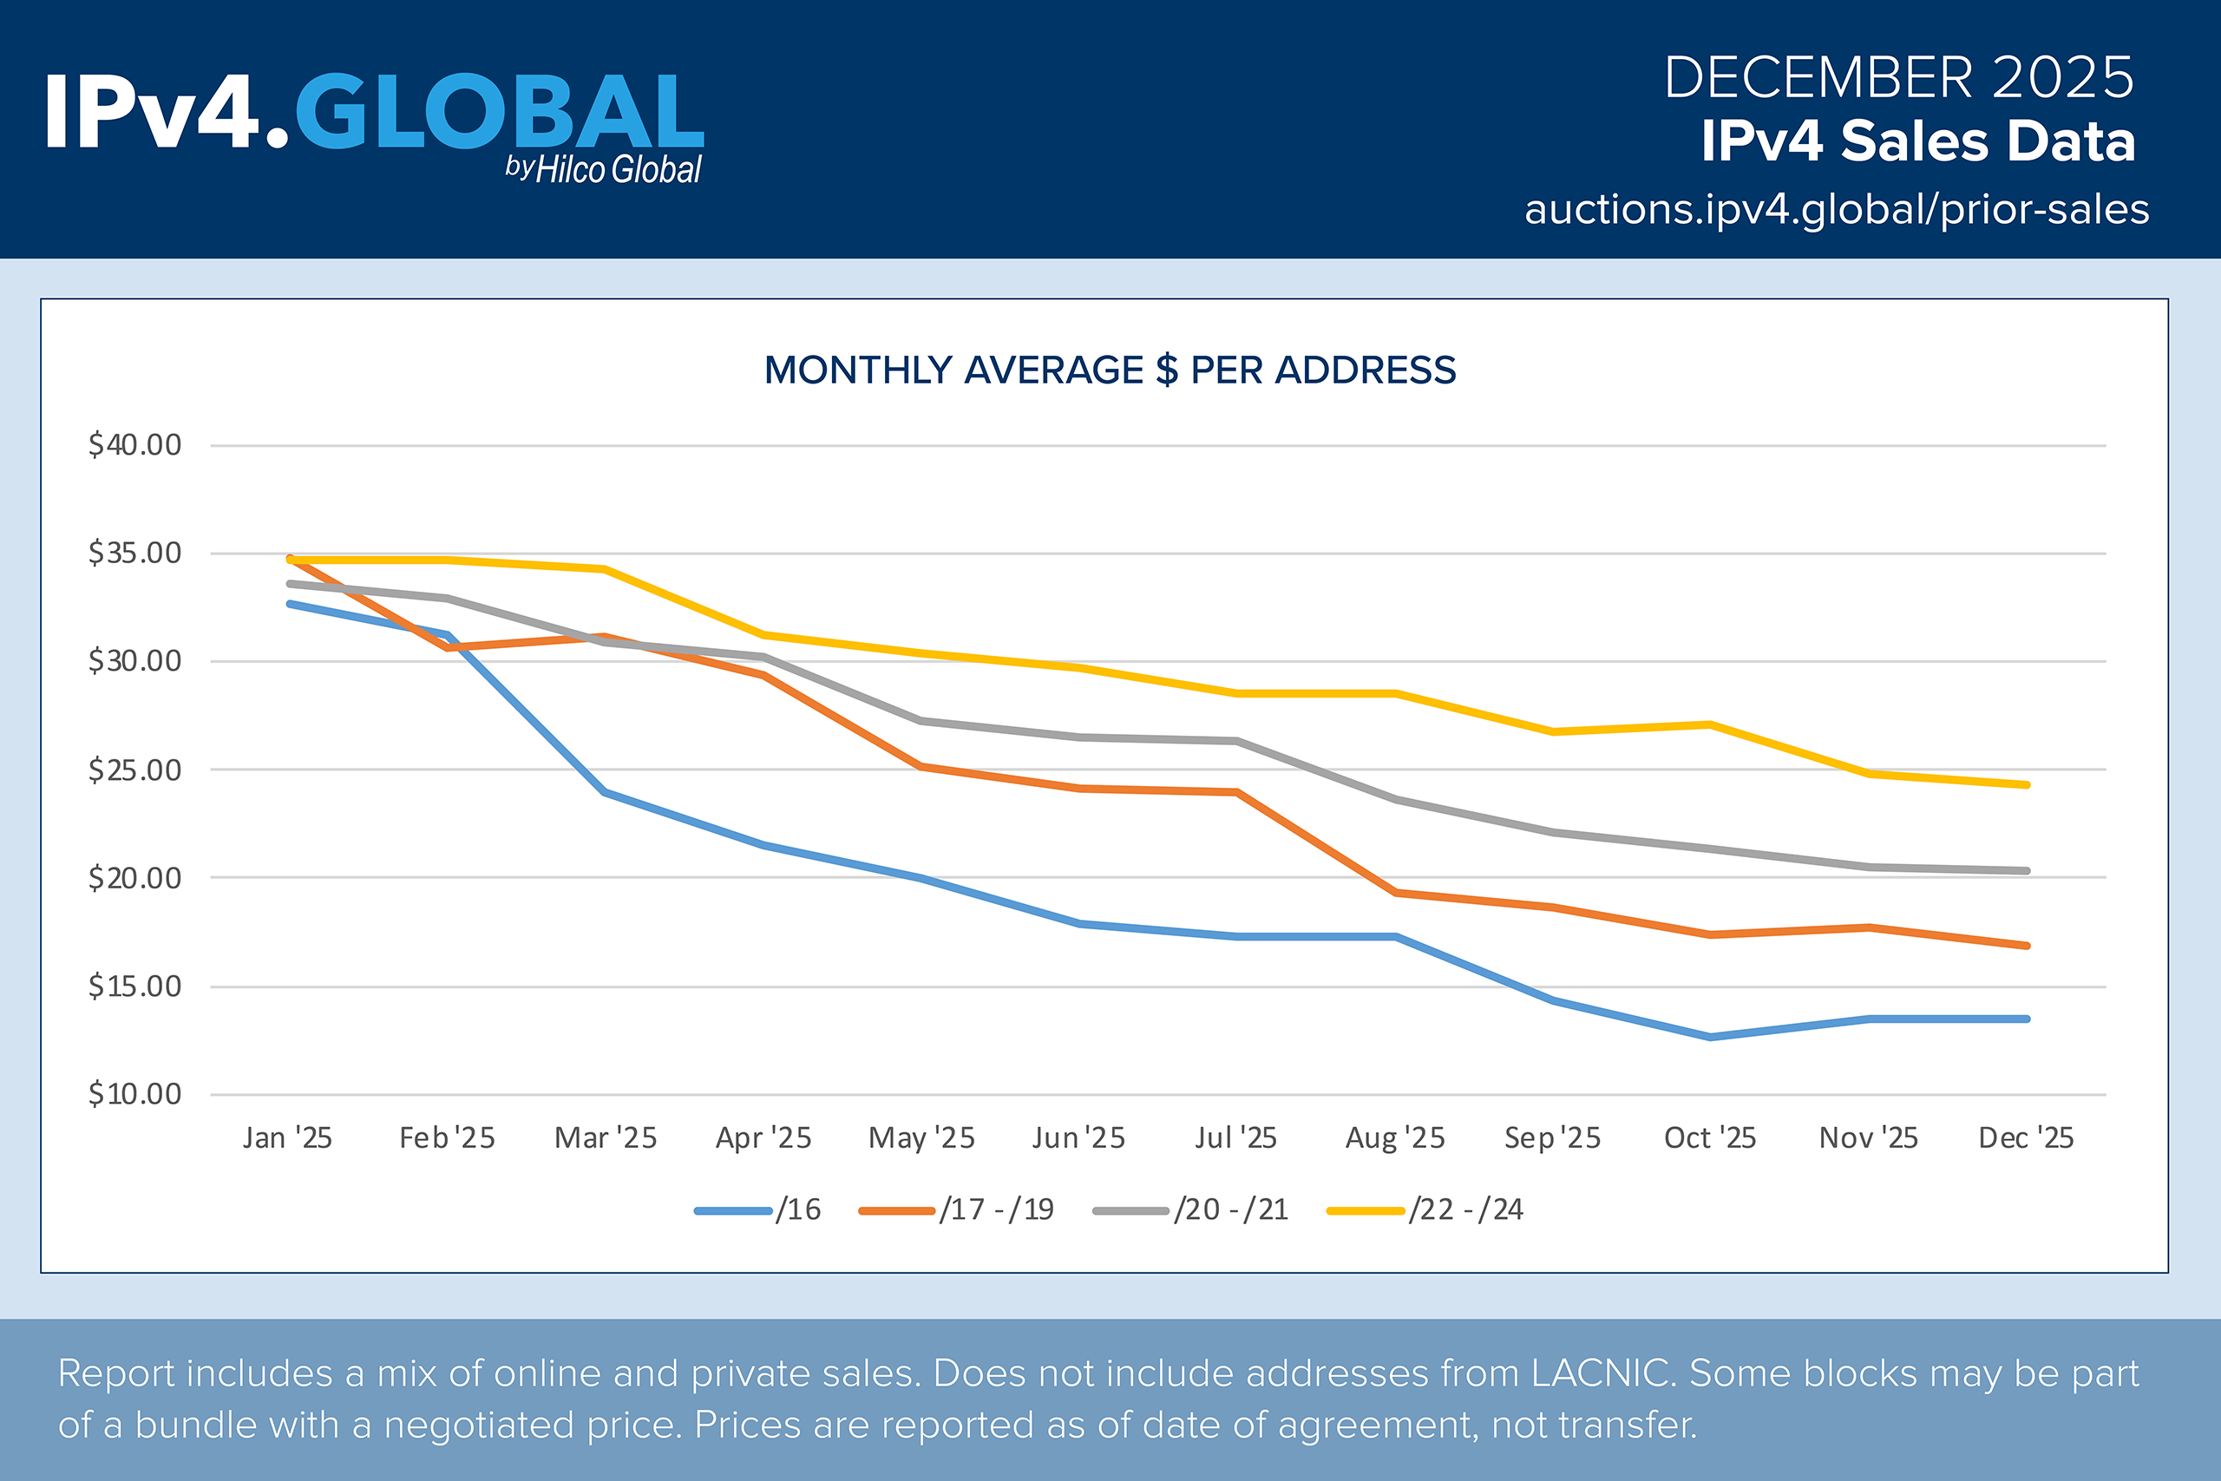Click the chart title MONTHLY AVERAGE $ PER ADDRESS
(1110, 370)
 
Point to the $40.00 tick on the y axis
(135, 445)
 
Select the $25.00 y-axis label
(135, 770)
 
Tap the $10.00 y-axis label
(135, 1095)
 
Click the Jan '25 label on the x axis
(287, 1138)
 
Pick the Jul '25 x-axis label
(1235, 1138)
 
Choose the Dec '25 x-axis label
(2026, 1138)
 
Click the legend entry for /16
(758, 1210)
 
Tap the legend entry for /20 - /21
(1191, 1210)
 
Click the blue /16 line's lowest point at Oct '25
(1710, 1037)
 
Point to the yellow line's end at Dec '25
(2027, 785)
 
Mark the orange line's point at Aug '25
(1395, 893)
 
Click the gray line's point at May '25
(921, 722)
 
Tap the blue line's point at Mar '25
(605, 792)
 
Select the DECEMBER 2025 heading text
(1898, 77)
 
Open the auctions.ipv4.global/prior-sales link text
(1837, 210)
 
